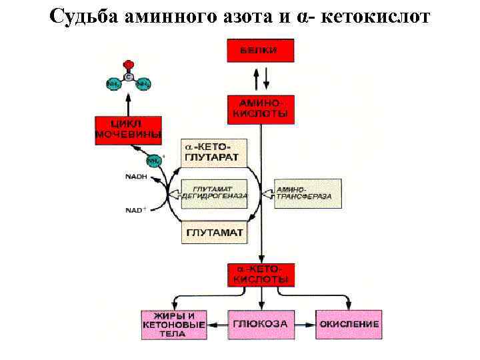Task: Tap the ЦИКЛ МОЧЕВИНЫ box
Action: coord(129,130)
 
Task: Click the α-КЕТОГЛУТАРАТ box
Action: coord(214,153)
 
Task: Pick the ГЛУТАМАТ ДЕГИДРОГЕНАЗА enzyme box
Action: coord(214,193)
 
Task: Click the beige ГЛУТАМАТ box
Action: coord(214,233)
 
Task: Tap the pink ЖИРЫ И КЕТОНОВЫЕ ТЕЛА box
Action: coord(173,324)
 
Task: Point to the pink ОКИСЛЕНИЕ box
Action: coord(349,324)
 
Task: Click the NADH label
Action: coord(136,177)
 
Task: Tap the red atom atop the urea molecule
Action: coord(129,65)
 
